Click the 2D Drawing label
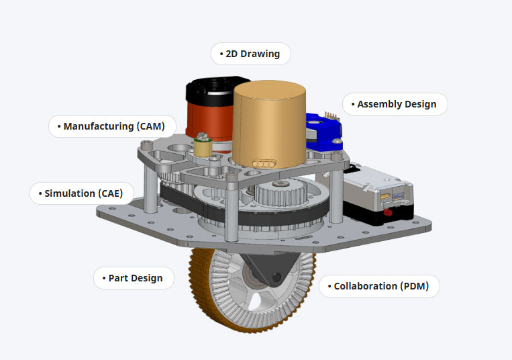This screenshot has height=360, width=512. tap(251, 54)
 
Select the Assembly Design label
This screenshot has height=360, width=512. tap(395, 104)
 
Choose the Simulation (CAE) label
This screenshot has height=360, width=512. tap(82, 193)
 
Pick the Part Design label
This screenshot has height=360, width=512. tap(133, 278)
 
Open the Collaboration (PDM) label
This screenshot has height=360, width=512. tap(380, 286)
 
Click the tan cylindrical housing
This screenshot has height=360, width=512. tap(268, 124)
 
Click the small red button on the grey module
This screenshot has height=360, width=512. tap(388, 212)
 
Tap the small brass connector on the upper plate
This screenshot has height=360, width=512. tap(201, 142)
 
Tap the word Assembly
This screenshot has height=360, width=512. tap(380, 104)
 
